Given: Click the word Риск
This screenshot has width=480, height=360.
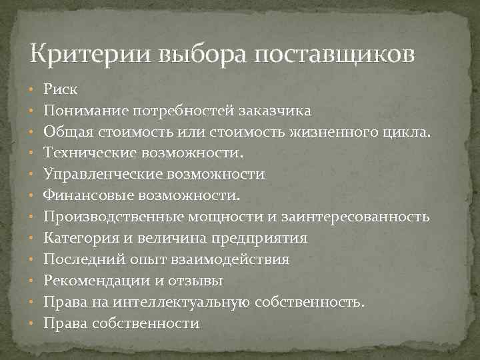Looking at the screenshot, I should pyautogui.click(x=61, y=87).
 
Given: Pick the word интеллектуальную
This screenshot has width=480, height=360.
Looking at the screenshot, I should pyautogui.click(x=182, y=302).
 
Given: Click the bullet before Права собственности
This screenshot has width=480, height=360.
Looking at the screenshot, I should pyautogui.click(x=32, y=324).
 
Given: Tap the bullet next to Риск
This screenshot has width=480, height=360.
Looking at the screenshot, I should pyautogui.click(x=32, y=88).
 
